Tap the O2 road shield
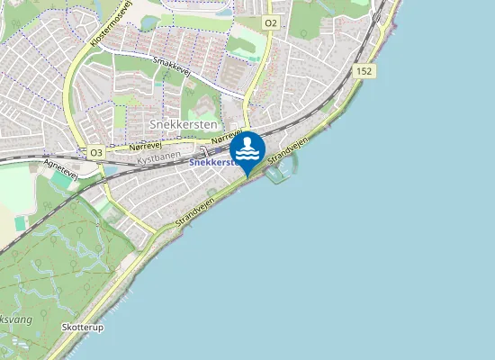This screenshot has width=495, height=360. click(271, 21)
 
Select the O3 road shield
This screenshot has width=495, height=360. click(96, 153)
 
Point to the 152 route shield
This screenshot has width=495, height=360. click(364, 70)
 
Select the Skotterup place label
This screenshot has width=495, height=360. click(84, 328)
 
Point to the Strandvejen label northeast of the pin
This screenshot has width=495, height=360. click(288, 150)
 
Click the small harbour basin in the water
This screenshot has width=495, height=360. click(277, 173)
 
